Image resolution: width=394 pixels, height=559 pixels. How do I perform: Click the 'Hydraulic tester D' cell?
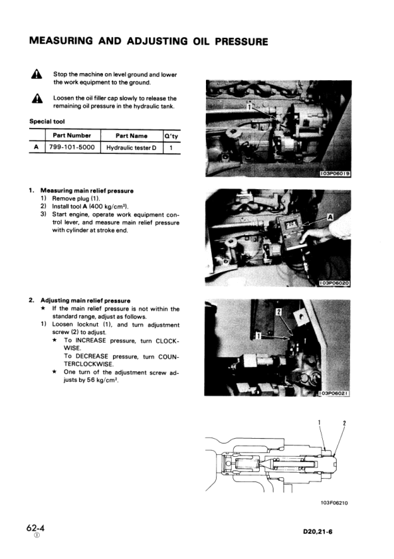pyautogui.click(x=132, y=147)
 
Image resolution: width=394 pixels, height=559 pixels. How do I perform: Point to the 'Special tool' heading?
pyautogui.click(x=49, y=121)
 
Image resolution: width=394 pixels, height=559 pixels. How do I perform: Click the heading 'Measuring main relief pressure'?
pyautogui.click(x=87, y=191)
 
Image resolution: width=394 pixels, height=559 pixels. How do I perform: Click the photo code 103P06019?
pyautogui.click(x=335, y=174)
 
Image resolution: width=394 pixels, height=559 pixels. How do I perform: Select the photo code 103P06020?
pyautogui.click(x=335, y=283)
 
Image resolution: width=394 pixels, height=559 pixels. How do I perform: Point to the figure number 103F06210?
pyautogui.click(x=334, y=502)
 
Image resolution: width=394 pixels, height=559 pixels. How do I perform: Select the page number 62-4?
pyautogui.click(x=37, y=528)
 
